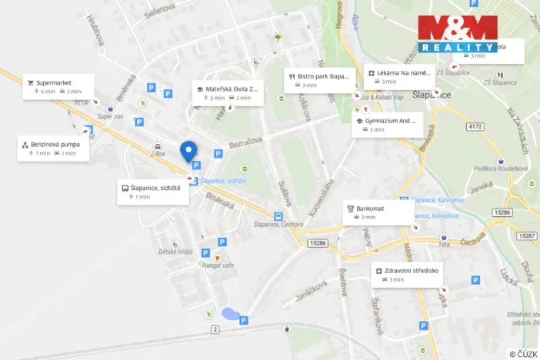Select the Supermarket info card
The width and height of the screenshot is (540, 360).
[58, 86]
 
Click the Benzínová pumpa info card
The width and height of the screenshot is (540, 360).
[53, 148]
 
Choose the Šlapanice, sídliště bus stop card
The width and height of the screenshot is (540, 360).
[153, 192]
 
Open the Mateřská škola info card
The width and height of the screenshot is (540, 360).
[228, 93]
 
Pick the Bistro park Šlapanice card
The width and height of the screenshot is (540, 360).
[320, 80]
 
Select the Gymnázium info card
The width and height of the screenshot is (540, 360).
[387, 125]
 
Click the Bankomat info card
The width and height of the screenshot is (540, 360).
[378, 212]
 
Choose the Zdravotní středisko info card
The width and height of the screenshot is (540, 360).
[408, 275]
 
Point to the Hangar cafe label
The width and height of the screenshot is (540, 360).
[217, 265]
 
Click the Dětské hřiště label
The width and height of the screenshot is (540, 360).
[175, 252]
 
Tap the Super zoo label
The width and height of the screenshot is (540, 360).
[110, 116]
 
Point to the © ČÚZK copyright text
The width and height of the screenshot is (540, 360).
[523, 353]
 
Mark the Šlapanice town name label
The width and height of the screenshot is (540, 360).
[431, 94]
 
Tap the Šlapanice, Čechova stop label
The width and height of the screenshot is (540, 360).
[278, 225]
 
